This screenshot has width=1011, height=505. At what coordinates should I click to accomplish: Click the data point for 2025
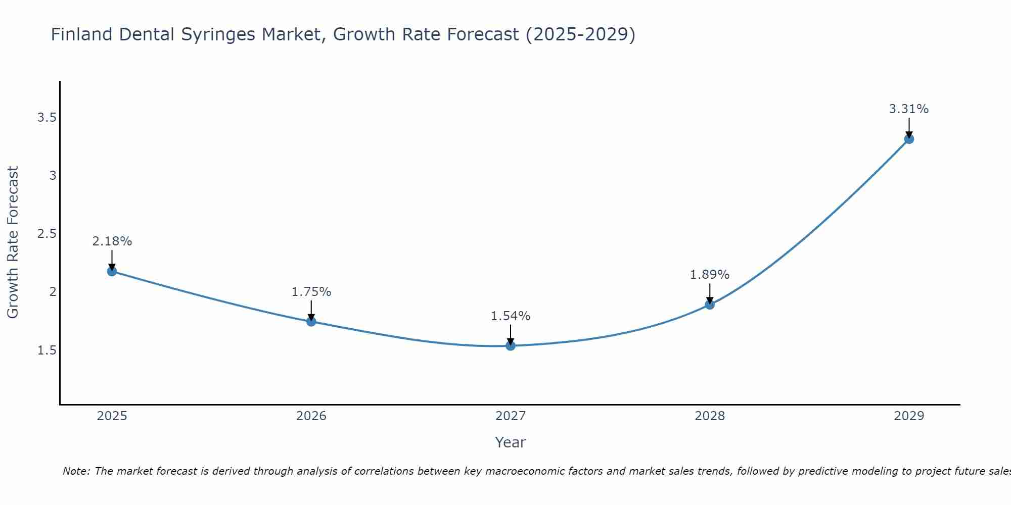click(112, 271)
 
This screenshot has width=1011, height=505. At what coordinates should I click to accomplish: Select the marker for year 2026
click(311, 321)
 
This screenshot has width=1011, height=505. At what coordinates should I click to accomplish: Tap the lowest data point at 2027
click(511, 345)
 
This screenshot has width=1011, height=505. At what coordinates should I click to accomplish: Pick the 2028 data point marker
click(710, 305)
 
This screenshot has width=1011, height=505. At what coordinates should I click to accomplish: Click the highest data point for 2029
click(909, 139)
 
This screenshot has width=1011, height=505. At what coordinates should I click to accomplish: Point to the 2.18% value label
click(112, 241)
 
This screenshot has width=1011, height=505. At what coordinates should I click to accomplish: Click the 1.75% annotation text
click(311, 292)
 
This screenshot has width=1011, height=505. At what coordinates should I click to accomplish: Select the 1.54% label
click(511, 316)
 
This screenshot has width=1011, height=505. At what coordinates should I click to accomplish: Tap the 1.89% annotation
click(710, 275)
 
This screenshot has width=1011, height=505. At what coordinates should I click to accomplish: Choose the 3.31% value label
click(909, 109)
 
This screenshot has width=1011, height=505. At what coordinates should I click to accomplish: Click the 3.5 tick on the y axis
click(46, 118)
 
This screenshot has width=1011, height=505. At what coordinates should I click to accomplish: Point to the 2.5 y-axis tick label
click(46, 234)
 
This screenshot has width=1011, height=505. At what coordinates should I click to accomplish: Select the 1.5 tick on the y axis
click(46, 350)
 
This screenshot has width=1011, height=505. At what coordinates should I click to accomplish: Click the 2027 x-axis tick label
click(511, 416)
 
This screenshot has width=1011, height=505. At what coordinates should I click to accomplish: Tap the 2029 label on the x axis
click(909, 416)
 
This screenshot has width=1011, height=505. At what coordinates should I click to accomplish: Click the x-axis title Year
click(511, 442)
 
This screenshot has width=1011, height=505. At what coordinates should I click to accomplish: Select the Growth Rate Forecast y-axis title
click(13, 242)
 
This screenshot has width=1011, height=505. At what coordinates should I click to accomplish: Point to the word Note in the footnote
click(76, 471)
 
